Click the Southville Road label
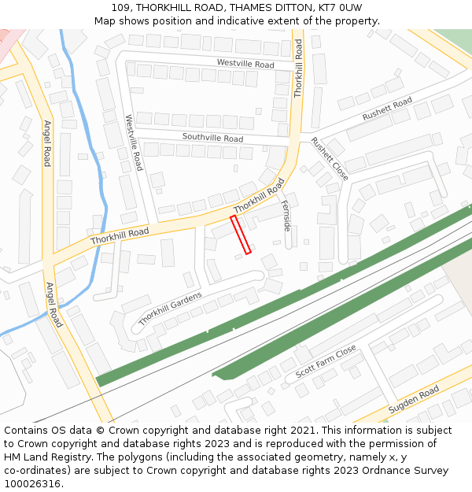tap(212, 138)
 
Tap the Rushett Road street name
tap(387, 109)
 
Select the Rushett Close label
tap(329, 158)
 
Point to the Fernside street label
tap(286, 215)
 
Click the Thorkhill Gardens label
tap(170, 309)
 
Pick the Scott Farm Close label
tap(326, 361)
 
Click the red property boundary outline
tap(241, 235)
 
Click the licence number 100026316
tap(32, 483)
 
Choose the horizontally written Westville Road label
tap(245, 64)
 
